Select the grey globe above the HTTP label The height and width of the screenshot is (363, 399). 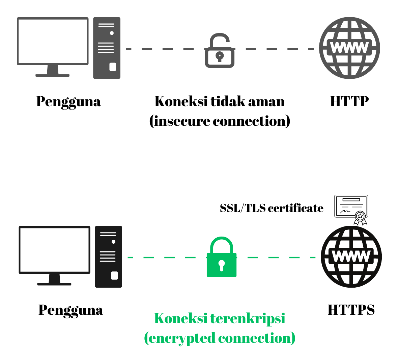click(x=349, y=48)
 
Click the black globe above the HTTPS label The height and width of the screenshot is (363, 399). click(x=351, y=257)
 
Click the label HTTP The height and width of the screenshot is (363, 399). click(x=349, y=101)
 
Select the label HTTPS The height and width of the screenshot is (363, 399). click(x=351, y=310)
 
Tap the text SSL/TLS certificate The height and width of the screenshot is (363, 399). click(x=272, y=208)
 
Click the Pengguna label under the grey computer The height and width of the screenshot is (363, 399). click(x=68, y=102)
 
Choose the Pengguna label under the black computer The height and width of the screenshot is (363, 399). click(x=70, y=310)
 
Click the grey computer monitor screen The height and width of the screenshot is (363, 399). click(x=53, y=41)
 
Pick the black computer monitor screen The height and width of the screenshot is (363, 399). click(x=55, y=250)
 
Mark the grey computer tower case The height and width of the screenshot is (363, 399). click(x=107, y=48)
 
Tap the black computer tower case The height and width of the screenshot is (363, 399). click(x=108, y=257)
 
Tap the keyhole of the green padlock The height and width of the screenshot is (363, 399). click(x=221, y=265)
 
